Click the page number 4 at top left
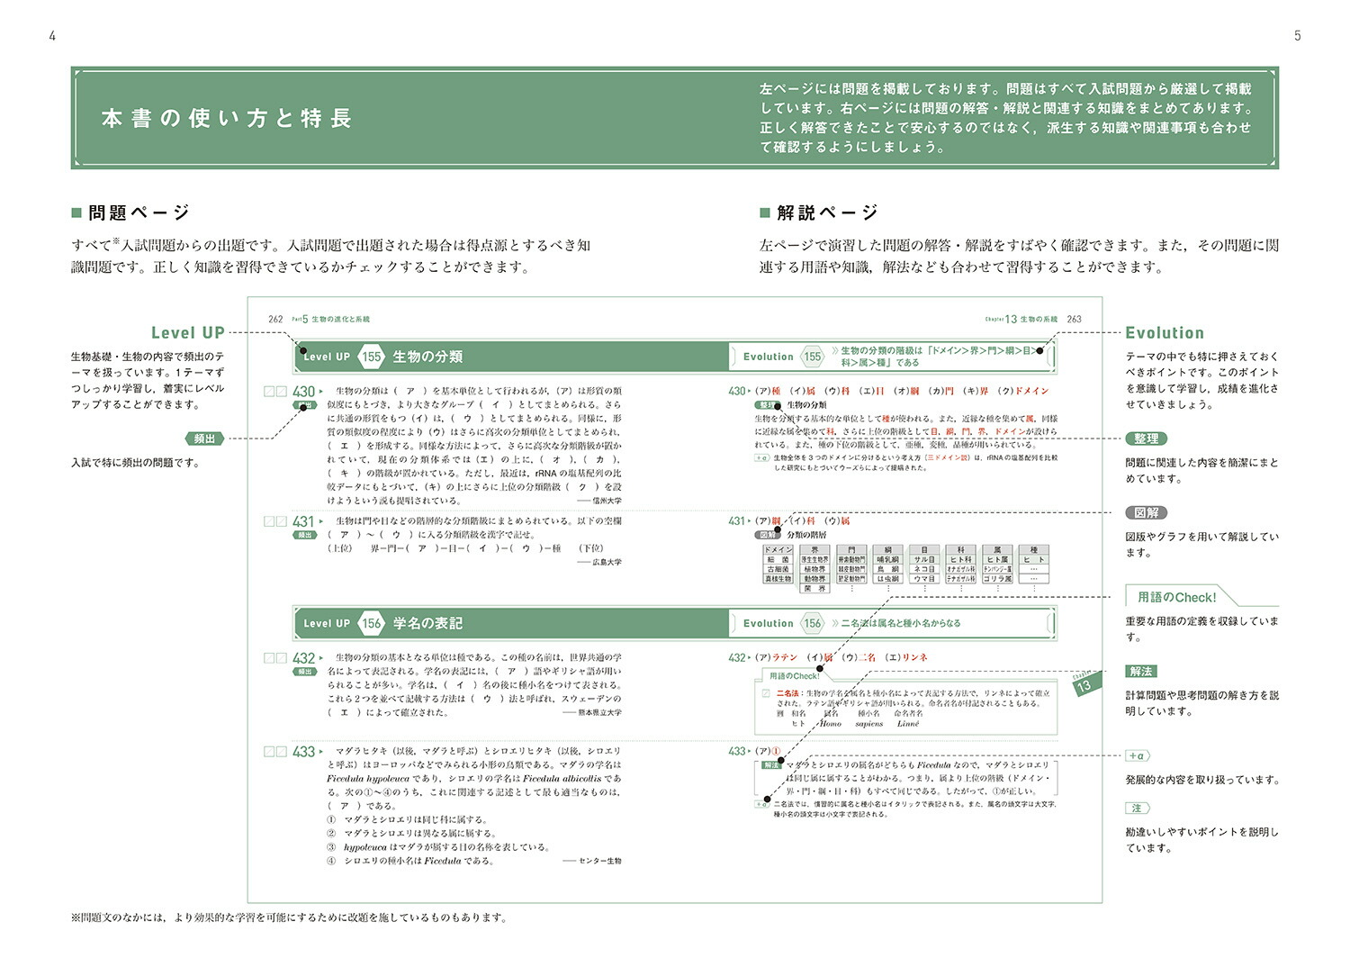pos(52,36)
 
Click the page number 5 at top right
pos(1298,36)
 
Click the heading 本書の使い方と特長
pos(227,118)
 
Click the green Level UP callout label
pos(187,332)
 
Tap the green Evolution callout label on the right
pos(1165,332)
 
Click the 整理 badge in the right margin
pos(1146,438)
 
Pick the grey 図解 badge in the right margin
pos(1146,512)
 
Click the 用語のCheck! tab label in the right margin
pos(1176,597)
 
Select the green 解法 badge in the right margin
pos(1140,671)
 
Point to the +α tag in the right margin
pos(1137,756)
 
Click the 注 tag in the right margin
pos(1137,809)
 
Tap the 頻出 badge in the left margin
pos(205,438)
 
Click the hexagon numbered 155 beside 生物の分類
pos(372,357)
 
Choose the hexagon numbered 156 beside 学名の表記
pos(372,623)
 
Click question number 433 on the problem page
pos(303,752)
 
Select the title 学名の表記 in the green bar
pos(427,623)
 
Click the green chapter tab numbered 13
pos(1084,685)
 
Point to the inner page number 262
pos(275,319)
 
